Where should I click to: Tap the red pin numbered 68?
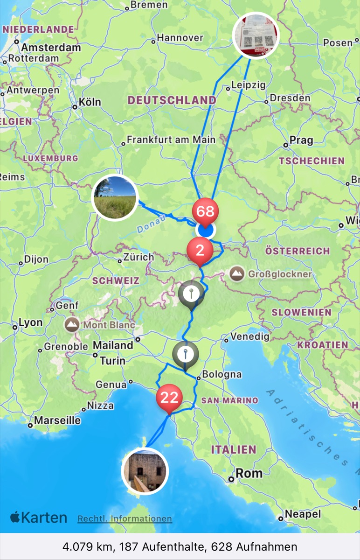[205, 211]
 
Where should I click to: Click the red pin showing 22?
[169, 398]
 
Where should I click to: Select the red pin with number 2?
[200, 251]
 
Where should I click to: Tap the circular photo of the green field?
[115, 197]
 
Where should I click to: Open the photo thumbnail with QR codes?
[256, 35]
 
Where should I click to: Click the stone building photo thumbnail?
[145, 470]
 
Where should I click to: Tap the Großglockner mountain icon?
[236, 274]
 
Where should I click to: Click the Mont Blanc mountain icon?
[72, 325]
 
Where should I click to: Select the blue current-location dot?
[205, 230]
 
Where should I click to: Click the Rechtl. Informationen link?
[125, 518]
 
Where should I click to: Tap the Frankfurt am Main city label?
[171, 140]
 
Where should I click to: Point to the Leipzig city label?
[248, 85]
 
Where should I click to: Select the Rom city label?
[249, 473]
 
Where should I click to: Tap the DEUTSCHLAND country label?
[172, 100]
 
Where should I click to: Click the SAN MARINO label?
[229, 400]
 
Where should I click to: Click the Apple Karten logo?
[39, 518]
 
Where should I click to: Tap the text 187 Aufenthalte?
[156, 546]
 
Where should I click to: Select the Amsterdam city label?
[50, 47]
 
